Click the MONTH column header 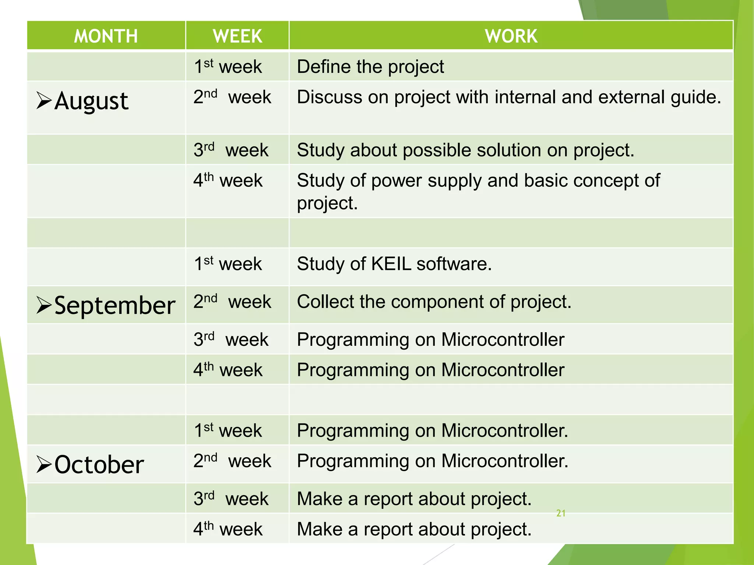pos(106,36)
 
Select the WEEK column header pos(237,36)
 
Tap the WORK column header pos(511,36)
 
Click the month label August pos(91,101)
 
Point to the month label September pos(114,306)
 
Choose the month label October pos(99,465)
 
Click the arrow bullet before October pos(44,464)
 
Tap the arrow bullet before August pos(44,101)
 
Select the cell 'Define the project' pos(370,67)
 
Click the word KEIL pos(391,264)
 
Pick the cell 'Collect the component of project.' pos(434,302)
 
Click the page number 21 pos(561,513)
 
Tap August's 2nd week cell pos(232,97)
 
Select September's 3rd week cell pos(231,340)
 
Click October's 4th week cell pos(228,529)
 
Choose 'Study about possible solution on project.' pos(466,150)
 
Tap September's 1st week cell pos(228,264)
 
